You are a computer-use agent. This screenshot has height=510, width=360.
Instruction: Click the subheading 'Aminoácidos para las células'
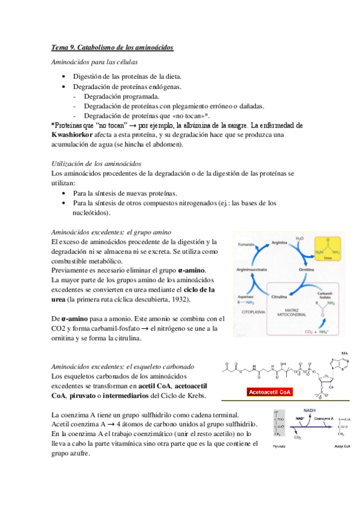(94, 62)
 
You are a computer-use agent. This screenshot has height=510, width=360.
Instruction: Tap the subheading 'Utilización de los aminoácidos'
(96, 164)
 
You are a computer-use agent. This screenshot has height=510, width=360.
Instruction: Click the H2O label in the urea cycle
(301, 239)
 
